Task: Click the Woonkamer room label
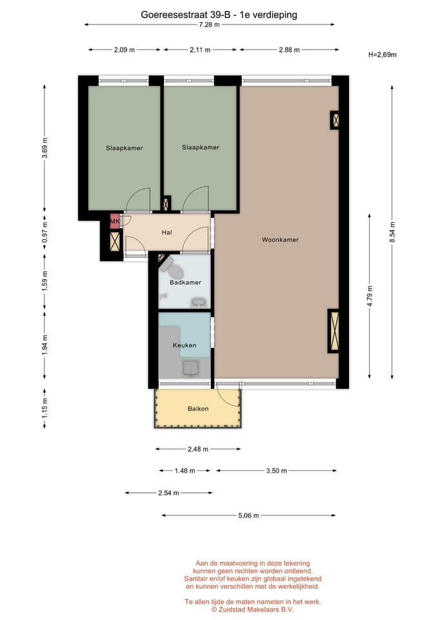pos(280,240)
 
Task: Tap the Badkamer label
pos(185,282)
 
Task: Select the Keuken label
pos(184,346)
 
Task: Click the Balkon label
pos(197,409)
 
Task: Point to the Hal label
pos(166,232)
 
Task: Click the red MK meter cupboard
pos(115,222)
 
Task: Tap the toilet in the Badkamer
pos(167,264)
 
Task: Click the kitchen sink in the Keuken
pos(192,367)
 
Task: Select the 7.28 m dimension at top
pos(209,25)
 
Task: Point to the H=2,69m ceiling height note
pos(383,55)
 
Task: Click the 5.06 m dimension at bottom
pos(248,515)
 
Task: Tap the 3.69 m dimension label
pos(45,148)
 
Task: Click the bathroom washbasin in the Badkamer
pos(199,301)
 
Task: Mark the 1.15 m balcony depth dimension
pos(45,408)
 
